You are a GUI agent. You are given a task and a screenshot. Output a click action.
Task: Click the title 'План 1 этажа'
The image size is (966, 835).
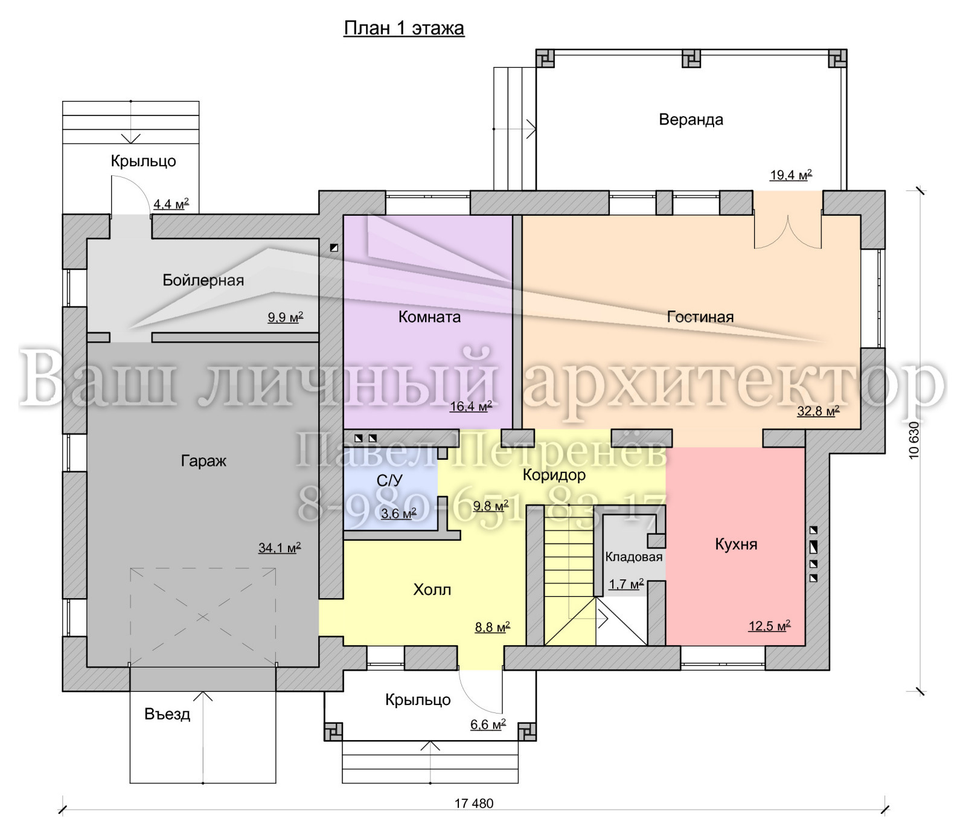click(404, 28)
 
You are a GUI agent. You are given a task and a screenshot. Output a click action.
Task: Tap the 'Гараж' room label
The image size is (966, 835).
click(203, 461)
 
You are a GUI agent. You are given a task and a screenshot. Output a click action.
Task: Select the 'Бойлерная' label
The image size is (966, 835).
click(203, 280)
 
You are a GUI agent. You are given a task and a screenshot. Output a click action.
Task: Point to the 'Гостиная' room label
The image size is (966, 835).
click(700, 317)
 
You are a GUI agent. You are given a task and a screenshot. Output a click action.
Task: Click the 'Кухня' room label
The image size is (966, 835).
click(736, 544)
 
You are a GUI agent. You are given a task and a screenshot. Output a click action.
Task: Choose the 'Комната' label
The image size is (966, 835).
click(429, 317)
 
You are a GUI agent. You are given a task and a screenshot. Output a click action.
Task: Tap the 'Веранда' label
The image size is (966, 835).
click(691, 120)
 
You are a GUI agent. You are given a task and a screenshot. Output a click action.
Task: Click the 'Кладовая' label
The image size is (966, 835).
click(634, 557)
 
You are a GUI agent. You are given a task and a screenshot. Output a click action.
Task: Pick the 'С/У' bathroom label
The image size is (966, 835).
click(389, 480)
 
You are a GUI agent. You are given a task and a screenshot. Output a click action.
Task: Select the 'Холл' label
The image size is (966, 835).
click(432, 590)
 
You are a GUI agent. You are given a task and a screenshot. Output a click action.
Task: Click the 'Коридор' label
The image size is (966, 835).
click(554, 475)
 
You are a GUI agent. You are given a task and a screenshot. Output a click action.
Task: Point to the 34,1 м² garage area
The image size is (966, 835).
click(280, 548)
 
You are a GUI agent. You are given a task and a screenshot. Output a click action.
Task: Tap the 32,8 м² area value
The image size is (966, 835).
click(818, 411)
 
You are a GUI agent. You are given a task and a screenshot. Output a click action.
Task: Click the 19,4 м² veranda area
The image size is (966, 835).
click(791, 175)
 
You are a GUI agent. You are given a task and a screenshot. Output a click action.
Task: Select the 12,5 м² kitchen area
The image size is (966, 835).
click(769, 626)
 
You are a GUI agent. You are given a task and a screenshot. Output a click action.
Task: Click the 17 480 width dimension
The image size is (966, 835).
click(474, 804)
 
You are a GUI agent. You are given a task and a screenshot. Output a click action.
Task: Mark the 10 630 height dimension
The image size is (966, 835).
click(913, 440)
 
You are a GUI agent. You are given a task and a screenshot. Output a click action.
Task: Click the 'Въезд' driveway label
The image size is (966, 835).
click(167, 714)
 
